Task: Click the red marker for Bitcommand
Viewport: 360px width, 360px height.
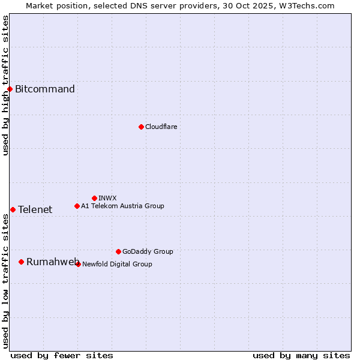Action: [x=10, y=89]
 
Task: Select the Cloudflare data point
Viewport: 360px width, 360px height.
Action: [x=141, y=127]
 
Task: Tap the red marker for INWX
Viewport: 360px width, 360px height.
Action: [x=94, y=198]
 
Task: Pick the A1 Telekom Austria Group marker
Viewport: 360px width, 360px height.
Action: [x=77, y=206]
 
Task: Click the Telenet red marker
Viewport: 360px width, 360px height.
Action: [x=13, y=209]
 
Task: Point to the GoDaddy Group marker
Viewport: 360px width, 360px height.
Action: [x=118, y=251]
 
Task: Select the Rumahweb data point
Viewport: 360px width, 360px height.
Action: [x=21, y=262]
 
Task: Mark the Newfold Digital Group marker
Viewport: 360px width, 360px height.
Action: [x=78, y=264]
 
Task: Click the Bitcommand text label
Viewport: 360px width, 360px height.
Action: [x=45, y=89]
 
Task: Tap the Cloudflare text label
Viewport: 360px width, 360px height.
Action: [x=161, y=127]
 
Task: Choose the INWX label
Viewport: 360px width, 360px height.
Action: [x=107, y=198]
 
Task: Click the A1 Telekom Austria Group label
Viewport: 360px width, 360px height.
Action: [x=122, y=206]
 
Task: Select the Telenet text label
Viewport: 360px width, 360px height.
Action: [x=35, y=209]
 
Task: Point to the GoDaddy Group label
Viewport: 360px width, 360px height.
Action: [x=148, y=251]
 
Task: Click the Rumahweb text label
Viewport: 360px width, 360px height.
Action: [x=53, y=262]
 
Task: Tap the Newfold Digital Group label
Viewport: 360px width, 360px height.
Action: [x=117, y=264]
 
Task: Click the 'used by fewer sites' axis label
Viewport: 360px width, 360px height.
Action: [x=62, y=355]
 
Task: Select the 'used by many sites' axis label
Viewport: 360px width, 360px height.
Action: [x=301, y=355]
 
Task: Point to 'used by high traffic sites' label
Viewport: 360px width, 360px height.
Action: [x=5, y=85]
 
